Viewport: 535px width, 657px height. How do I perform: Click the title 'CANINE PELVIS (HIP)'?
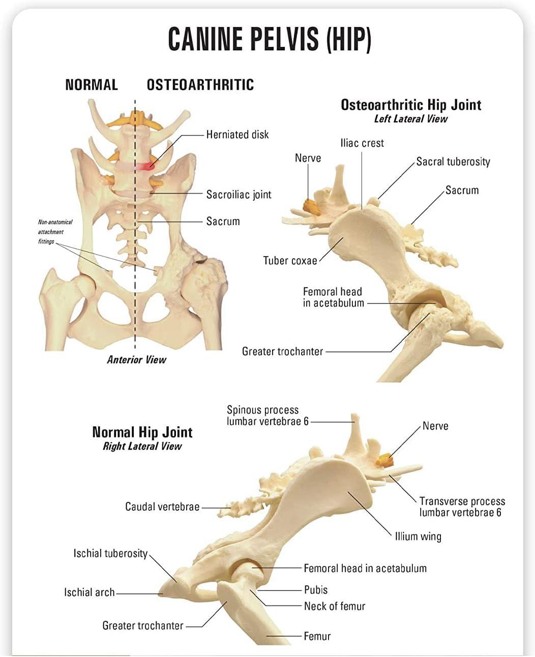(x=270, y=39)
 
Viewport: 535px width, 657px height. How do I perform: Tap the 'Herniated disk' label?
(x=237, y=135)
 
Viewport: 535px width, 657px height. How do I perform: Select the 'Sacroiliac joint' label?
(x=239, y=195)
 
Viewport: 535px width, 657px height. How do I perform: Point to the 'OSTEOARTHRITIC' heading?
(x=200, y=85)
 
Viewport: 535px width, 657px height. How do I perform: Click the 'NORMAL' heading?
(x=92, y=85)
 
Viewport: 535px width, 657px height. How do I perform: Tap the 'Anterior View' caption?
(x=136, y=360)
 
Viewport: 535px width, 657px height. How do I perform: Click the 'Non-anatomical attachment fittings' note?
(x=54, y=232)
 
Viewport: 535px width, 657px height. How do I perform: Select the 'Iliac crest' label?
(x=362, y=143)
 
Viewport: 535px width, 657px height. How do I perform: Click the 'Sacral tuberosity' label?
(x=453, y=162)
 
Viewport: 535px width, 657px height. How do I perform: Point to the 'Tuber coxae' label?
(x=289, y=261)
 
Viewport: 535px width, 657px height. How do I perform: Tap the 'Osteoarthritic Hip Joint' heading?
(x=410, y=105)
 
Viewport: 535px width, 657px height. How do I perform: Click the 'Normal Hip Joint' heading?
(x=142, y=432)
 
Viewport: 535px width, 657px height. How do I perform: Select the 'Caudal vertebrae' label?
(x=162, y=507)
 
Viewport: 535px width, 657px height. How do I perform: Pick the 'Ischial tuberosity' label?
(x=110, y=554)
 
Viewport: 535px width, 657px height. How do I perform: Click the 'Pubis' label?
(x=315, y=590)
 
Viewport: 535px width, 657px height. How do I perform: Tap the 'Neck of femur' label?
(x=334, y=606)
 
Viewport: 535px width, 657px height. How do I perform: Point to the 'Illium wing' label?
(x=418, y=536)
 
